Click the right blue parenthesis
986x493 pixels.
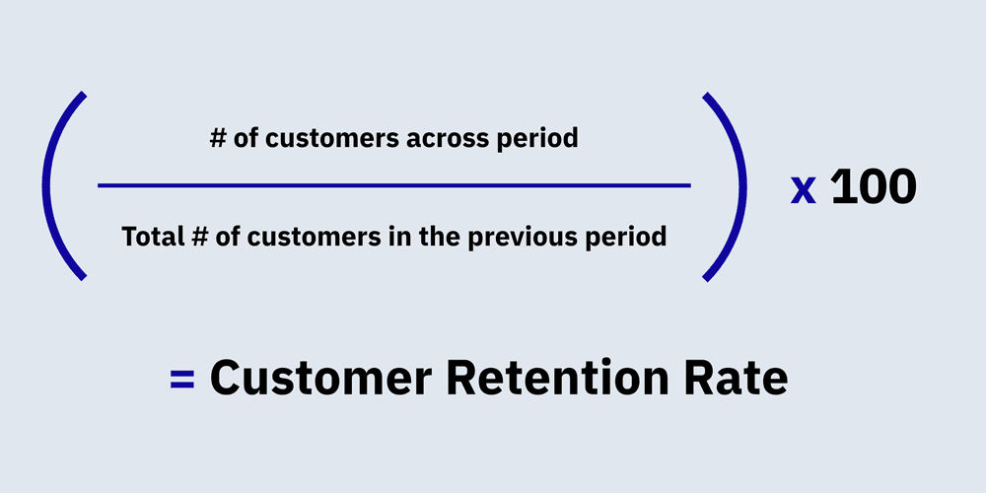730,185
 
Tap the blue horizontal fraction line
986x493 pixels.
394,184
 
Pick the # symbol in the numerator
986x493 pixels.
218,139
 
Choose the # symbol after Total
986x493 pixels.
195,237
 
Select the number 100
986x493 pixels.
874,186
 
